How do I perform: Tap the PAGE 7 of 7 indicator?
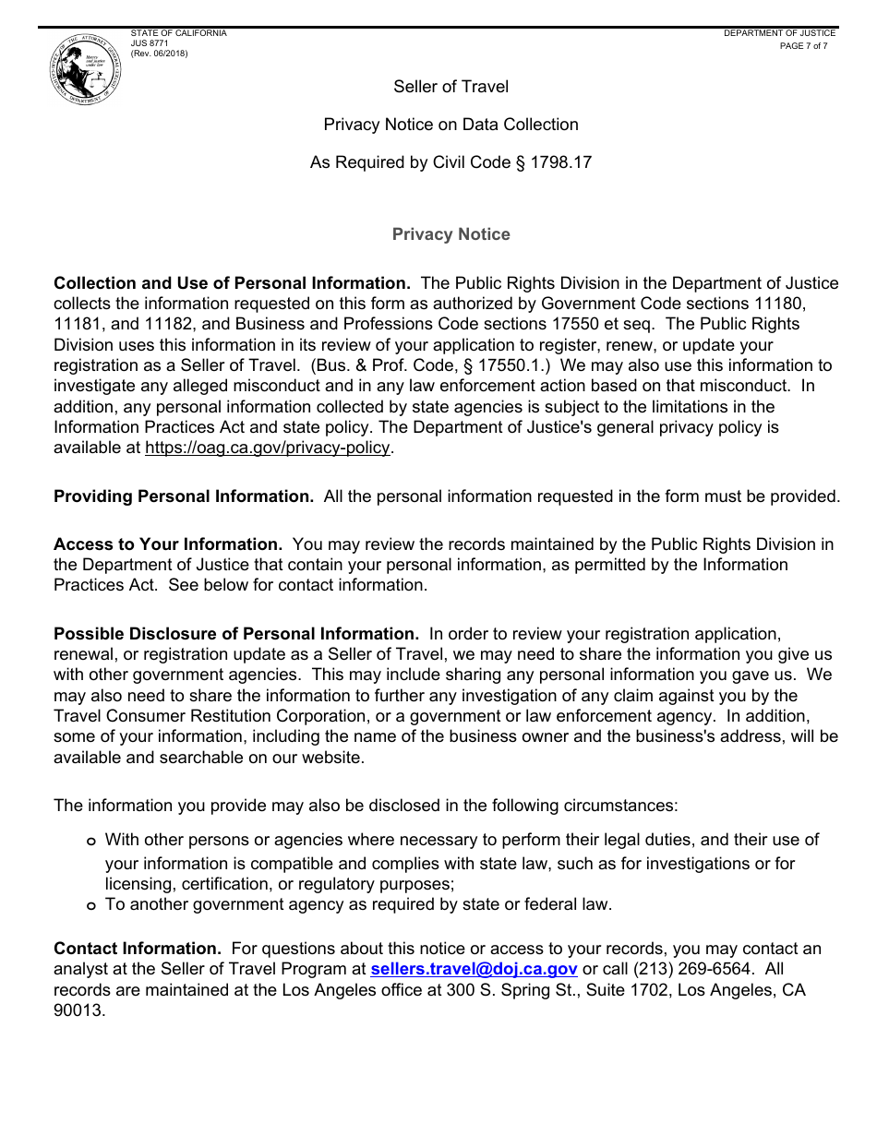pos(803,46)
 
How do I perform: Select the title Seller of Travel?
pos(451,87)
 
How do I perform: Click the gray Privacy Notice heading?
pos(451,234)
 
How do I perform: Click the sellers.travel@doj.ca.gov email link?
pos(474,969)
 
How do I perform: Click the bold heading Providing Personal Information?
pos(184,496)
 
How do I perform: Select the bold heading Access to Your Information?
pos(168,544)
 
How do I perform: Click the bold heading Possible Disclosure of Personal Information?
pos(236,634)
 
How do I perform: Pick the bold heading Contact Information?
pos(138,949)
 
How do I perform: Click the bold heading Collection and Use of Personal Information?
pos(232,283)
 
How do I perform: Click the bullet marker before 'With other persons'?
pos(90,842)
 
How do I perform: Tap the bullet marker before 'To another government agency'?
pos(90,906)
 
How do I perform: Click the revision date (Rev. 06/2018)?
pos(159,54)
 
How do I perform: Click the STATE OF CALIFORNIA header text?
pos(178,33)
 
